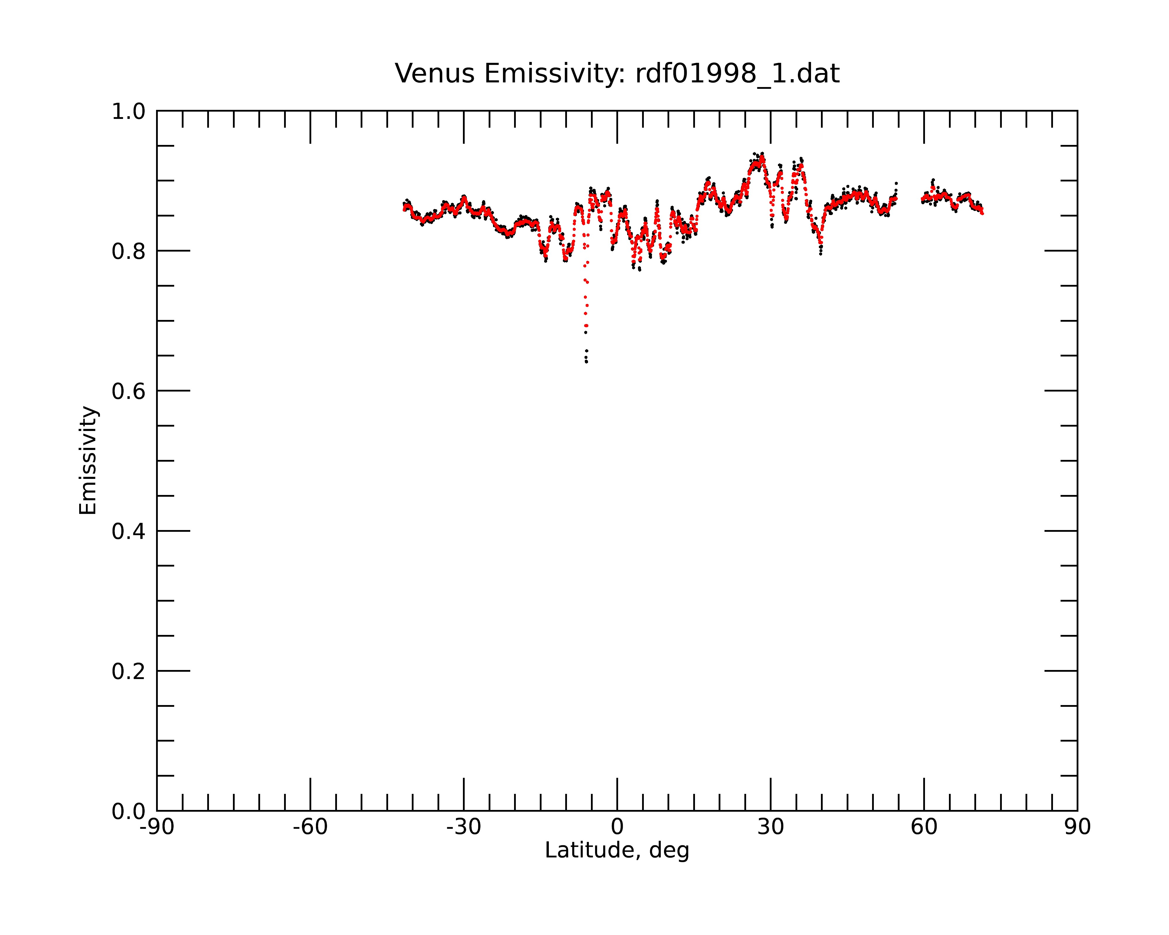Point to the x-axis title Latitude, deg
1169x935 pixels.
click(617, 850)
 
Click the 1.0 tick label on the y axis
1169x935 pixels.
click(129, 112)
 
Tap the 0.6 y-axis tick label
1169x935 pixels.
click(129, 391)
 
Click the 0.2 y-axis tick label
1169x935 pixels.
click(129, 671)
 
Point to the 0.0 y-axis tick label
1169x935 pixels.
click(129, 811)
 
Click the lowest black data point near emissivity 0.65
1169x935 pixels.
click(587, 361)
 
